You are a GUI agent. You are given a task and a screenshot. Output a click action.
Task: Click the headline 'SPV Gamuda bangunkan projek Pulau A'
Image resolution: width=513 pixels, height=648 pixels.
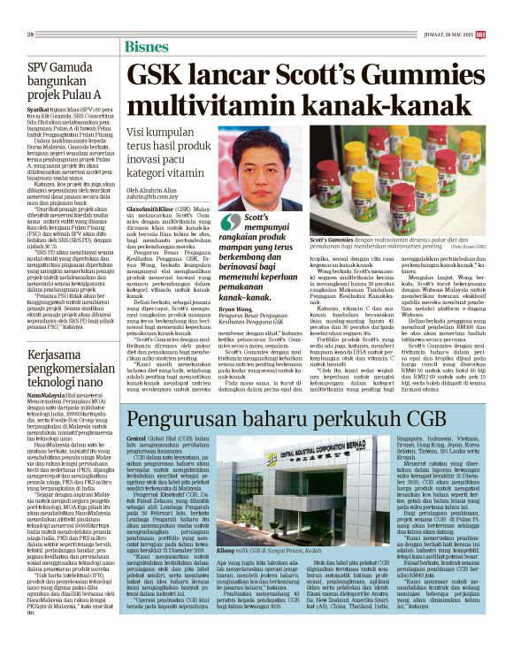pos(65,80)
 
